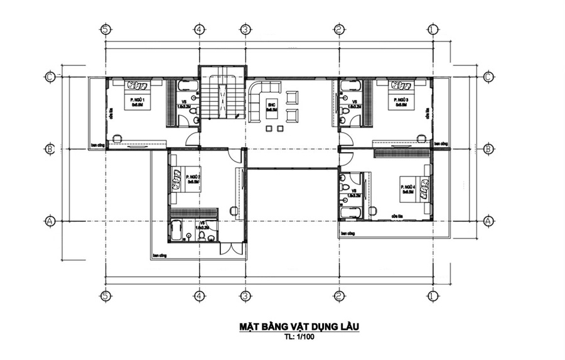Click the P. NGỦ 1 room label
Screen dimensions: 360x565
(x=137, y=100)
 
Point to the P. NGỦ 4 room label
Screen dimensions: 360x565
(x=409, y=187)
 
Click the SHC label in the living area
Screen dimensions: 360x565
(x=271, y=104)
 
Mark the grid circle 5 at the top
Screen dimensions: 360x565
(x=105, y=29)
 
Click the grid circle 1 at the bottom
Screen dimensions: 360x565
(x=433, y=295)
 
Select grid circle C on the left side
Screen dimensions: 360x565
(x=50, y=77)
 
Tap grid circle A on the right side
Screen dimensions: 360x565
(x=488, y=221)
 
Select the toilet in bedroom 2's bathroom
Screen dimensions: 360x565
(x=203, y=236)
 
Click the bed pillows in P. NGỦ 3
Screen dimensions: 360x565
(x=398, y=85)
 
